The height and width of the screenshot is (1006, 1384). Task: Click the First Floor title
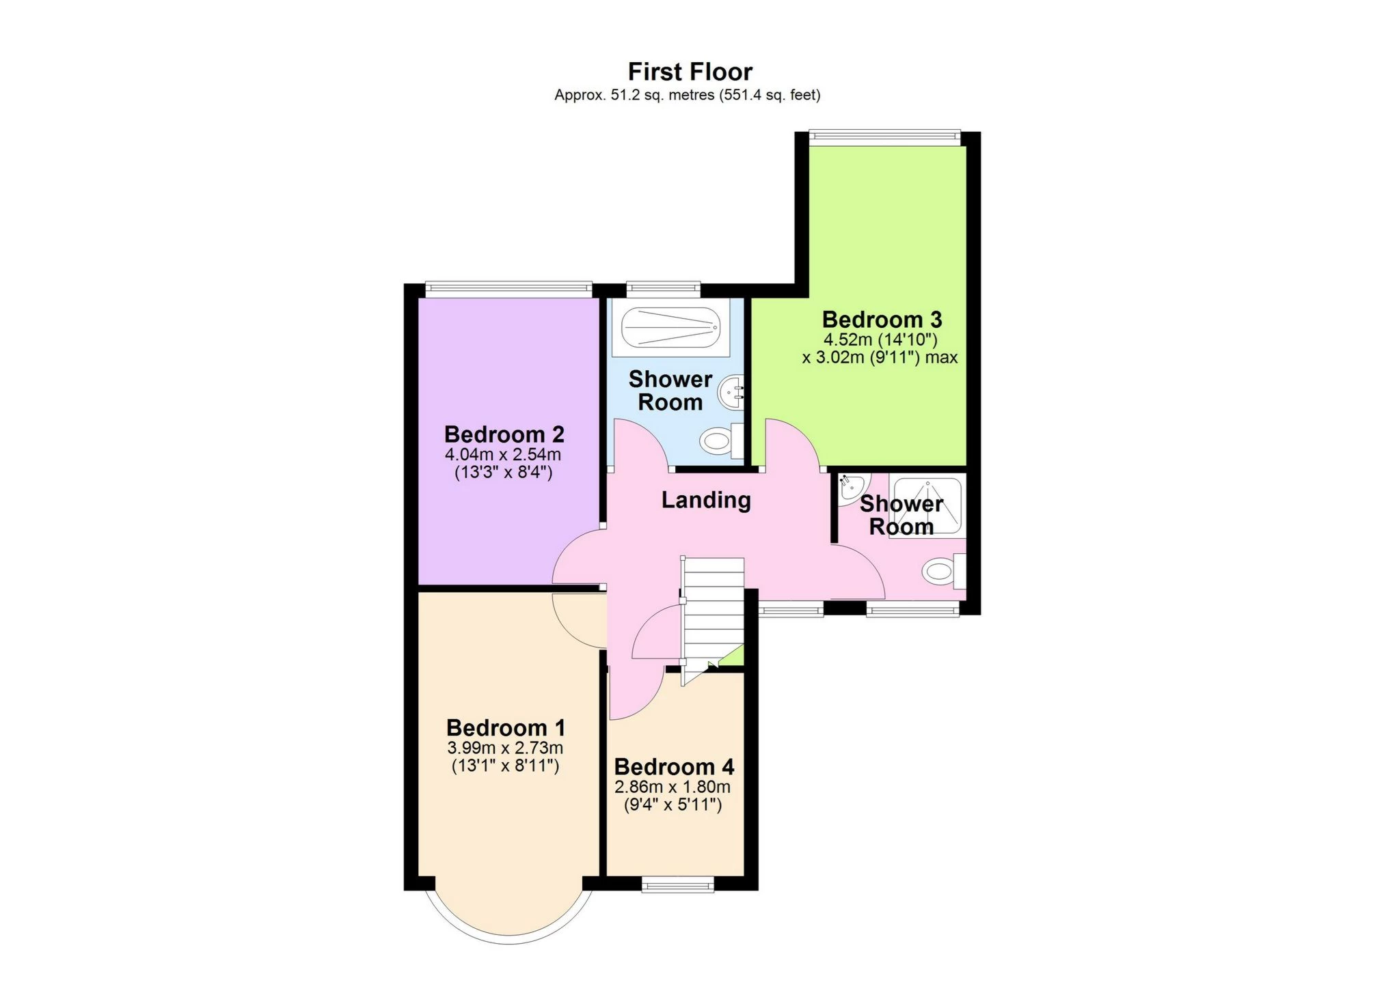690,72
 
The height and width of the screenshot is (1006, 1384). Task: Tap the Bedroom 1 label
506,728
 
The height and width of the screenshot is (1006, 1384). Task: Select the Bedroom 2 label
504,434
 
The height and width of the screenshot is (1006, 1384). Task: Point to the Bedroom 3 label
882,320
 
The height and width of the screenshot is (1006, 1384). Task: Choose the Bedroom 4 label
674,767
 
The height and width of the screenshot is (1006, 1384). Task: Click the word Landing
706,501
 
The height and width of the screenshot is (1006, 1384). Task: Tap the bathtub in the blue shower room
670,327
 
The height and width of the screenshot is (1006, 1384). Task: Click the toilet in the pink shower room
943,571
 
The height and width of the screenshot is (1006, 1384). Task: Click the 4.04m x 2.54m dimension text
503,454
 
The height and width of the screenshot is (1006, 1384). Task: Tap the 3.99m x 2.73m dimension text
505,748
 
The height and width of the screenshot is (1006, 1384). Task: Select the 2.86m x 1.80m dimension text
673,787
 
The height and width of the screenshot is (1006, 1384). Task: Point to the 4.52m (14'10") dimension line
880,339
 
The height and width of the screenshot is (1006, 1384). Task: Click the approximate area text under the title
687,95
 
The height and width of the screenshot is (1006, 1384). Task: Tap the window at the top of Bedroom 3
884,137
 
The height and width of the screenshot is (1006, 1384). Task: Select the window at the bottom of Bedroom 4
678,885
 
